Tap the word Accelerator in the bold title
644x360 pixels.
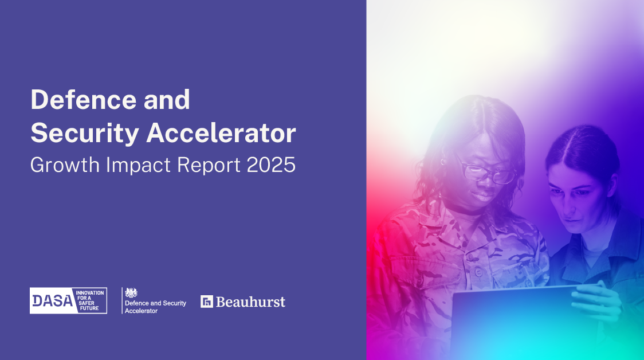pos(221,133)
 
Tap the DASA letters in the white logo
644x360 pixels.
pos(52,301)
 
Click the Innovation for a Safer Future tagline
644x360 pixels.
pos(90,300)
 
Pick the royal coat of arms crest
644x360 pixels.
pos(131,292)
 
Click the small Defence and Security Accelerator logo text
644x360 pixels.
pos(155,307)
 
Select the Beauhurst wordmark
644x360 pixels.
pos(250,302)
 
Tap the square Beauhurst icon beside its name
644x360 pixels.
pos(206,302)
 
